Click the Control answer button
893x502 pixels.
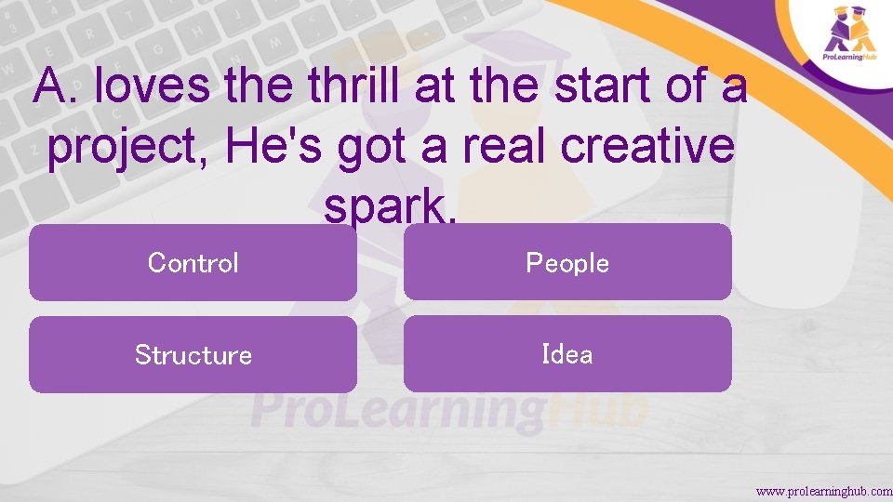pyautogui.click(x=193, y=263)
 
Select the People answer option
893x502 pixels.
pyautogui.click(x=567, y=263)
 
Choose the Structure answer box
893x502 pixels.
pyautogui.click(x=193, y=354)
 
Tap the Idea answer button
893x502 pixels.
pyautogui.click(x=567, y=354)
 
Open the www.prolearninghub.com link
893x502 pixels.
pyautogui.click(x=823, y=490)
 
